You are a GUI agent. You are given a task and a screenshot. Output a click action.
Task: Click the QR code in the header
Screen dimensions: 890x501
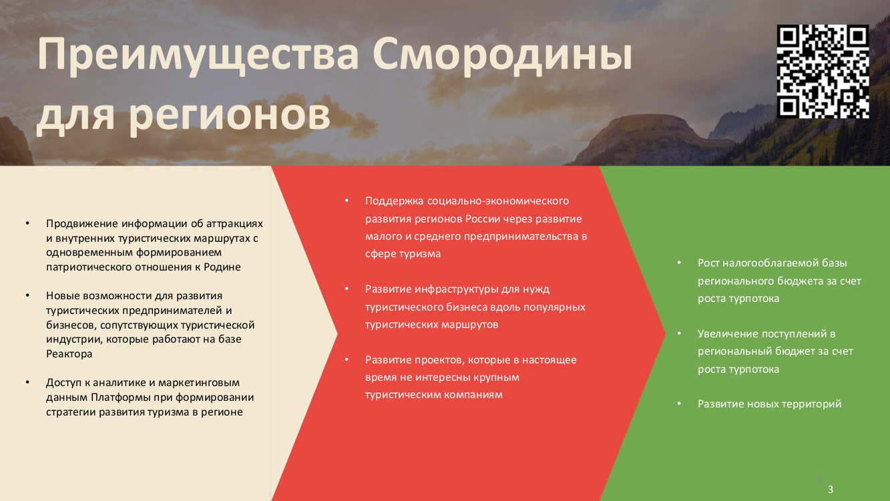pyautogui.click(x=823, y=71)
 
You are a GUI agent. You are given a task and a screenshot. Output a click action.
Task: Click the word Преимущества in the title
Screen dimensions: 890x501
pyautogui.click(x=198, y=55)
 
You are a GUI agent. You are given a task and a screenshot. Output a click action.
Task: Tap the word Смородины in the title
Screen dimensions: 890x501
pyautogui.click(x=502, y=55)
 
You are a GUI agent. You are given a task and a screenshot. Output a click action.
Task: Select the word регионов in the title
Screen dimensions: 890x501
pyautogui.click(x=230, y=116)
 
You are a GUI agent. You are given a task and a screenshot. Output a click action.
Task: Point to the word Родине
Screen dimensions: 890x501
pyautogui.click(x=222, y=267)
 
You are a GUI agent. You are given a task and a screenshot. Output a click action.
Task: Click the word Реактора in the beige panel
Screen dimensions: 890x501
pyautogui.click(x=69, y=353)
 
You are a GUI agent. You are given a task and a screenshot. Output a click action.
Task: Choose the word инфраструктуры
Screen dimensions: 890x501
pyautogui.click(x=457, y=289)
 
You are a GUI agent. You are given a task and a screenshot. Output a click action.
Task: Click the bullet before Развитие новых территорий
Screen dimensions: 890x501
pyautogui.click(x=680, y=403)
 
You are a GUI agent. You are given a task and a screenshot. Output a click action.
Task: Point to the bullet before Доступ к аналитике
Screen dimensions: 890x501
pyautogui.click(x=27, y=382)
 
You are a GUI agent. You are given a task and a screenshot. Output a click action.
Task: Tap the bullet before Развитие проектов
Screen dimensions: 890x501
pyautogui.click(x=347, y=359)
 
